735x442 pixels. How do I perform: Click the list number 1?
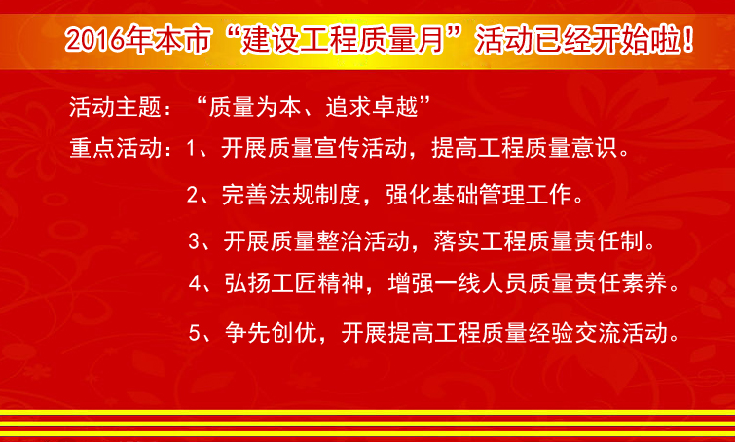(191, 149)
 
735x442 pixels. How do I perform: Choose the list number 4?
(195, 283)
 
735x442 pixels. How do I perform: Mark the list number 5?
(195, 332)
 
